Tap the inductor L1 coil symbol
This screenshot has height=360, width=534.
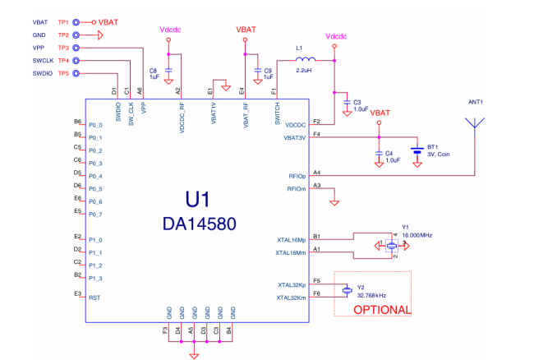point(306,60)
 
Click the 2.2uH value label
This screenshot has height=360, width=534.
point(306,72)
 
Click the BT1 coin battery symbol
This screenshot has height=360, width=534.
point(417,151)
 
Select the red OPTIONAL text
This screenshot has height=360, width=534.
point(381,310)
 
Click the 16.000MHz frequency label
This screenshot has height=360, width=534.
point(417,235)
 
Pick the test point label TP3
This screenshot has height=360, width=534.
point(63,48)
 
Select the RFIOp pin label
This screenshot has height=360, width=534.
point(297,176)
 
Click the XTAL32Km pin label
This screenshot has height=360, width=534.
point(292,298)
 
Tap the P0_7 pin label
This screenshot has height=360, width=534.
point(96,215)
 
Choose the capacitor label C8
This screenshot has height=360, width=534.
point(154,72)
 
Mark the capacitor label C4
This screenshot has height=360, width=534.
point(389,153)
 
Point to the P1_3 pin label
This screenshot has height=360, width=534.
point(96,279)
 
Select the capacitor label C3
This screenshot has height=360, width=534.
point(357,102)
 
